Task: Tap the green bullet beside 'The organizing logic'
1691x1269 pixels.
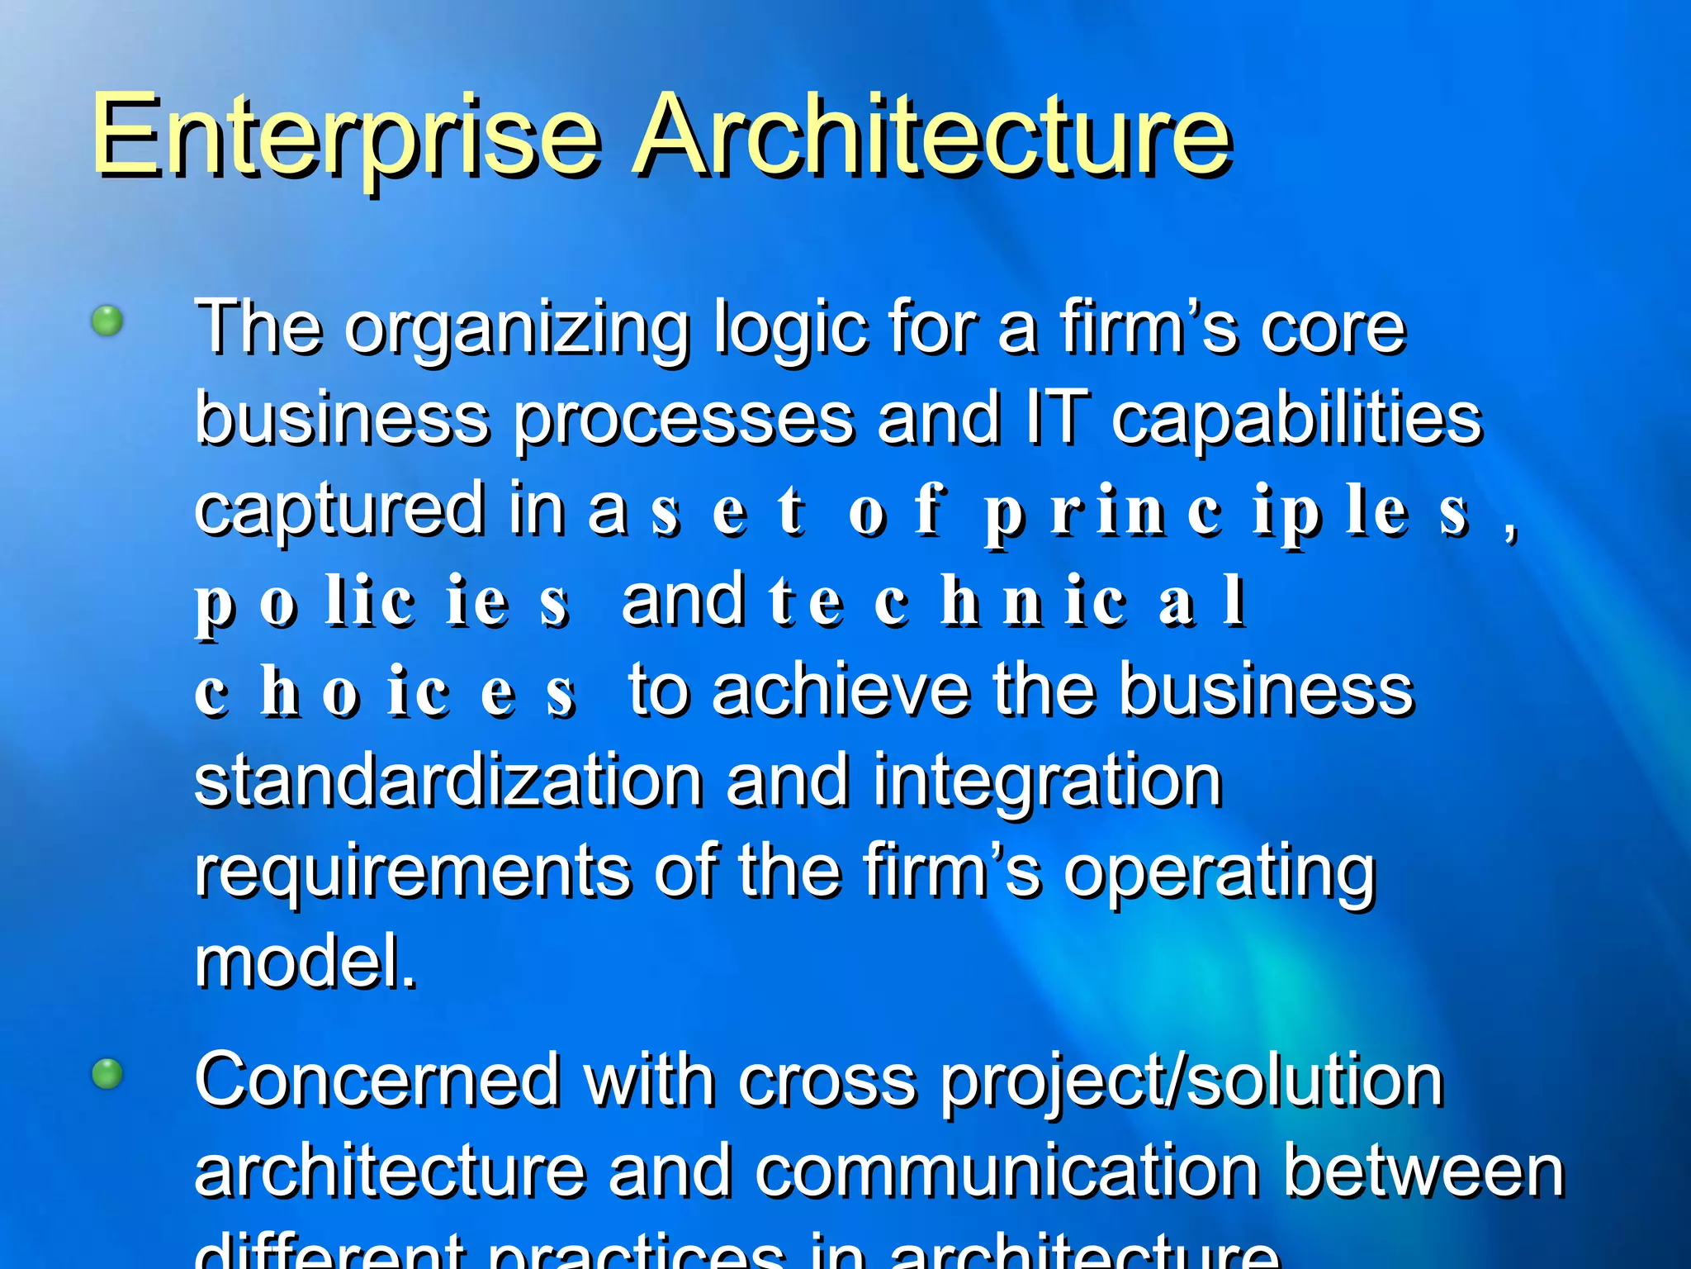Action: pos(107,321)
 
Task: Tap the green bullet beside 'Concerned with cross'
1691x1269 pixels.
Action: pos(107,1074)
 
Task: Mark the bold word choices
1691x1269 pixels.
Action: pos(385,694)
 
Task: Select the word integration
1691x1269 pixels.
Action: pos(1047,783)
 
